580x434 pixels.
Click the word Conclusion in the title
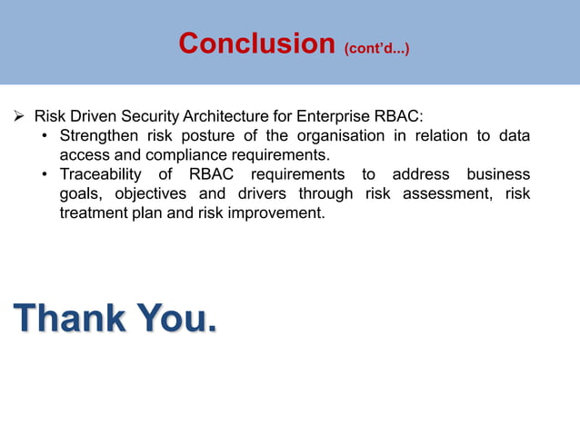[x=256, y=44]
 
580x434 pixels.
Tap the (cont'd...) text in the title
[x=375, y=47]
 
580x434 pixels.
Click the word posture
[x=203, y=136]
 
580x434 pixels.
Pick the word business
[x=498, y=174]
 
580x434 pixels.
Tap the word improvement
[x=276, y=212]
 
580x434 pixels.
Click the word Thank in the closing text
[x=68, y=319]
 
